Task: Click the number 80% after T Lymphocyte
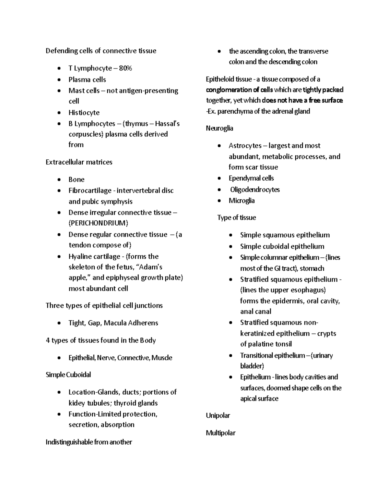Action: pyautogui.click(x=125, y=68)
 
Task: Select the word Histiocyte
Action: pyautogui.click(x=84, y=113)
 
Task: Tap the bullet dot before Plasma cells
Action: pyautogui.click(x=59, y=80)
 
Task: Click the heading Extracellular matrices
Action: pyautogui.click(x=79, y=162)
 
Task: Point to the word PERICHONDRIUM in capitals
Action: pyautogui.click(x=98, y=223)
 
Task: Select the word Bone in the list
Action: pyautogui.click(x=76, y=179)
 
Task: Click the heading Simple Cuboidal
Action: pyautogui.click(x=68, y=375)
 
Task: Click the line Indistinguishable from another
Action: pyautogui.click(x=88, y=442)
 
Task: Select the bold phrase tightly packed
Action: pyautogui.click(x=323, y=90)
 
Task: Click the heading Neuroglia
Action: pyautogui.click(x=219, y=128)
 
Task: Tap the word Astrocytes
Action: pyautogui.click(x=245, y=146)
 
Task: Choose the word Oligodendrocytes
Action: pyautogui.click(x=255, y=190)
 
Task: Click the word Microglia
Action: pyautogui.click(x=242, y=201)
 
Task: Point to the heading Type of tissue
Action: pyautogui.click(x=236, y=217)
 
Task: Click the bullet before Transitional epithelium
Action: pyautogui.click(x=230, y=356)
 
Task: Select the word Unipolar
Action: pyautogui.click(x=218, y=415)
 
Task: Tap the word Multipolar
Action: pyautogui.click(x=220, y=433)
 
